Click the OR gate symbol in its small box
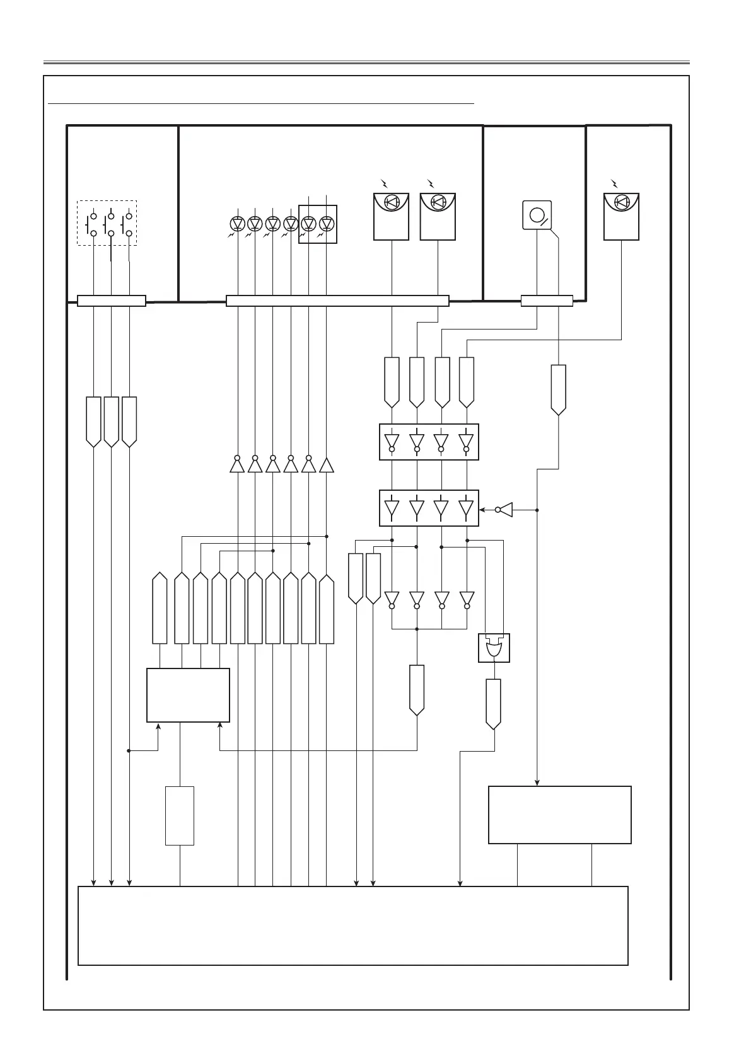click(494, 648)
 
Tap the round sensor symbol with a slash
click(537, 215)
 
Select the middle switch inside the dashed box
click(111, 222)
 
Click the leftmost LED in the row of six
click(237, 224)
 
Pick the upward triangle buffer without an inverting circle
click(327, 466)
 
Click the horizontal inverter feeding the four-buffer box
click(504, 509)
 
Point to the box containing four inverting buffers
click(429, 442)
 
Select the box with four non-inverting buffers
click(429, 508)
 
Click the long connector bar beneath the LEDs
click(337, 301)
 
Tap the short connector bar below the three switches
click(112, 301)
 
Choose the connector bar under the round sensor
click(547, 301)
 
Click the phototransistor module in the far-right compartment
click(621, 216)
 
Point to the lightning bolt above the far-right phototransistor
click(615, 183)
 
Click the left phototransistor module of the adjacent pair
click(391, 216)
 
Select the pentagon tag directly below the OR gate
click(494, 703)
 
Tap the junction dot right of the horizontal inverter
click(537, 510)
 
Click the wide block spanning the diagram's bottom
click(352, 925)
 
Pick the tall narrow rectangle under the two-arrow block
click(180, 815)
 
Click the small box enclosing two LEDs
click(317, 224)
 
